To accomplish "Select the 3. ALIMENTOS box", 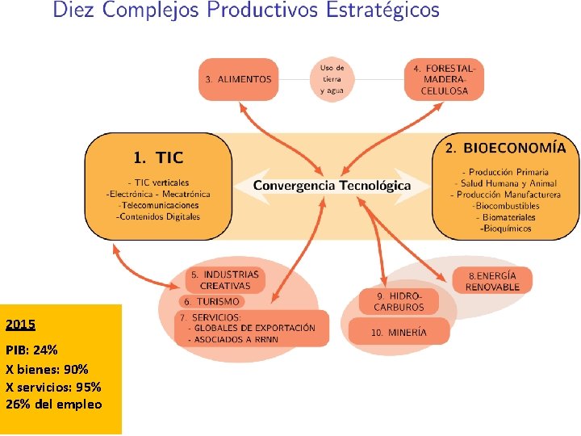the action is tap(238, 79).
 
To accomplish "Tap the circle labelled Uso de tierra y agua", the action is tap(332, 79).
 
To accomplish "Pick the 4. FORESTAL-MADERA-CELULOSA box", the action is tap(444, 79).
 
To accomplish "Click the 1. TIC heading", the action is tap(158, 157).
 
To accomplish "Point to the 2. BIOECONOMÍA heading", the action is tap(505, 148).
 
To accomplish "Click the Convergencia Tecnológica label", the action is tap(332, 185).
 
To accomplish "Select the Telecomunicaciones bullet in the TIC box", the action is tap(158, 205).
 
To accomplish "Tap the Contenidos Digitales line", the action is tap(158, 216).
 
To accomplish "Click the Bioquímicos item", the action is tap(506, 228).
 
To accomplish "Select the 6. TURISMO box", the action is tap(211, 301).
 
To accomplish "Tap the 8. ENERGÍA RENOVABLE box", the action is tap(492, 280).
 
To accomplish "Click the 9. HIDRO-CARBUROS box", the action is tap(399, 302).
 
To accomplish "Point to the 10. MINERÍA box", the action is tap(399, 331).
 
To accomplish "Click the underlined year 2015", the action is tap(20, 325).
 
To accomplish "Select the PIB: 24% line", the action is tap(31, 351).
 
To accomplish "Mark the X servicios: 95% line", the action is tap(53, 386).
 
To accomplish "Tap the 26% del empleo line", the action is tap(53, 404).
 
